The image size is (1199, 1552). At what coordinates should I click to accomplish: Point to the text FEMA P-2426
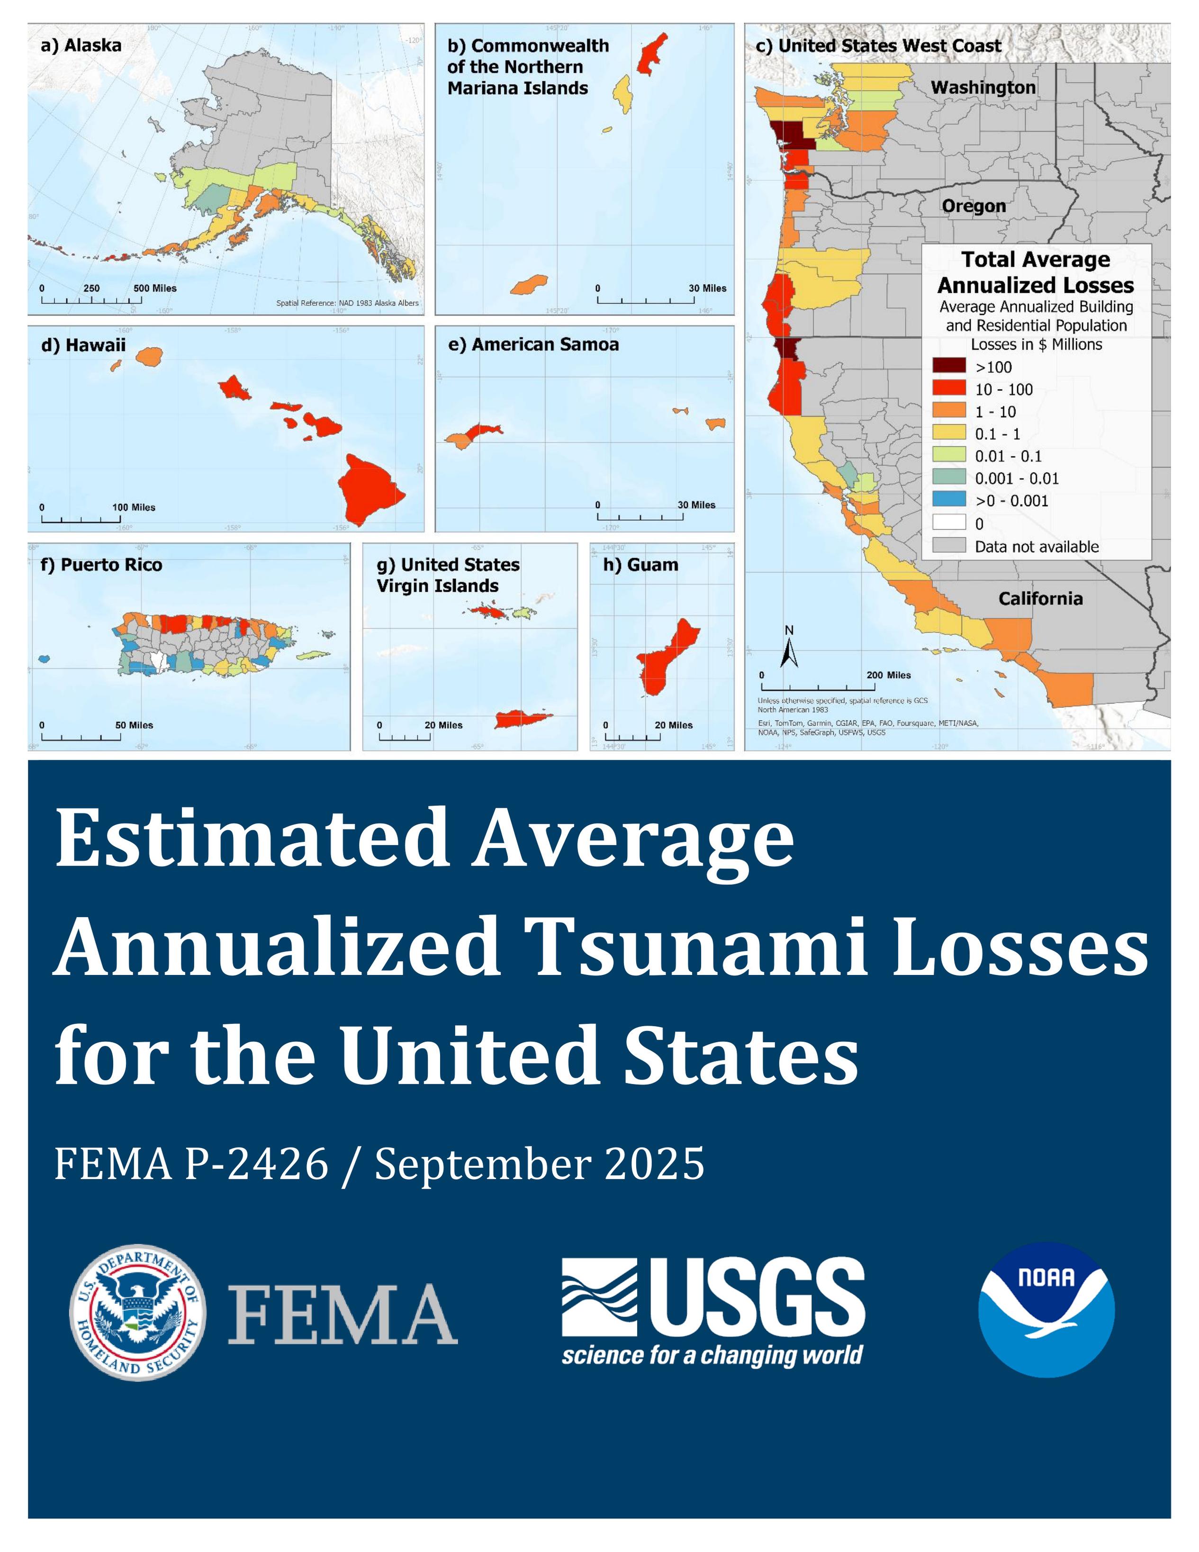191,1164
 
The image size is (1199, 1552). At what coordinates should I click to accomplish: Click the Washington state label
983,87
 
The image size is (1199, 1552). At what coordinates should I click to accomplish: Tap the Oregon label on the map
974,206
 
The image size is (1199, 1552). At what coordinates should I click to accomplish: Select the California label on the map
1040,598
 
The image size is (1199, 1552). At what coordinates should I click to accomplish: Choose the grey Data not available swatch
949,546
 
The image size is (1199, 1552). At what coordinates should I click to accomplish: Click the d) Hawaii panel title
84,345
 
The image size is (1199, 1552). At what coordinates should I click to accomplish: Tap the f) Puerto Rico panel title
102,565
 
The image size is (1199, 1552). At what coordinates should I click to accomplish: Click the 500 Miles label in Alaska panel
155,289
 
